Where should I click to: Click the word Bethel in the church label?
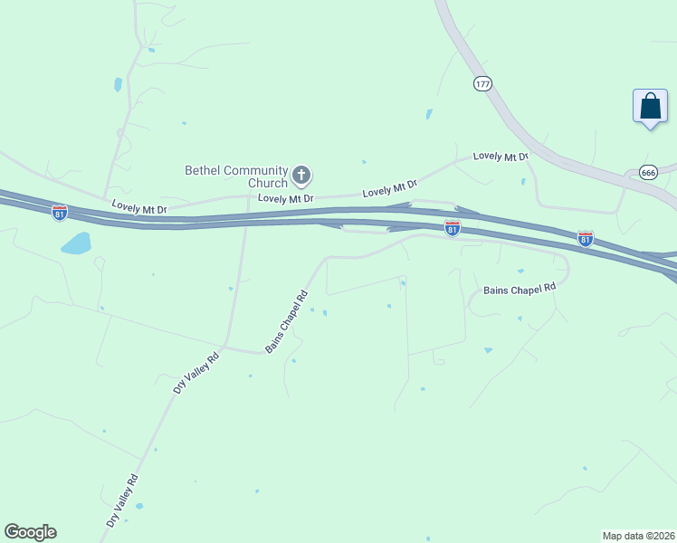(x=202, y=170)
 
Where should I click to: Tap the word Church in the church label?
(x=268, y=183)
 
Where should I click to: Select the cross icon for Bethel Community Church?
(x=302, y=174)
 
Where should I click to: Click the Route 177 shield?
(x=482, y=83)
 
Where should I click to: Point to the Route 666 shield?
(x=648, y=172)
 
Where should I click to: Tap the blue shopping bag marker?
(x=650, y=107)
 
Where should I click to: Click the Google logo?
(x=30, y=532)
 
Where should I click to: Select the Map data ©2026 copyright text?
(x=638, y=535)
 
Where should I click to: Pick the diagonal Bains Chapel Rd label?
(x=287, y=321)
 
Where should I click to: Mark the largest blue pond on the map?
(x=76, y=243)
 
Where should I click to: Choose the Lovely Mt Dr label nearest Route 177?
(x=501, y=157)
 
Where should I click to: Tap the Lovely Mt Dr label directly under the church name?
(x=285, y=197)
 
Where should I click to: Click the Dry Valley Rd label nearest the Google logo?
(x=122, y=500)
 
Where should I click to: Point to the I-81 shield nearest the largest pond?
(x=60, y=213)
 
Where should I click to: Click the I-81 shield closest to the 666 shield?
(x=586, y=238)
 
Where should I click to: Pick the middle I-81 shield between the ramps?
(x=453, y=228)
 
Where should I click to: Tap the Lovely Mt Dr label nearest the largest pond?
(x=139, y=208)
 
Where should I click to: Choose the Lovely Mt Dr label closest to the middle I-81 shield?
(x=389, y=189)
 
